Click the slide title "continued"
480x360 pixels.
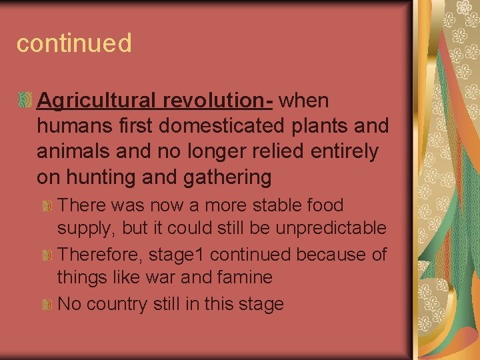[x=74, y=44]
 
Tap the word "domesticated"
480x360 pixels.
[x=225, y=126]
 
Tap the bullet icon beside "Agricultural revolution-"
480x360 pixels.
[x=25, y=101]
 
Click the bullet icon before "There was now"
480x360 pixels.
[x=47, y=205]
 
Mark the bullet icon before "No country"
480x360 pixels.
[x=47, y=305]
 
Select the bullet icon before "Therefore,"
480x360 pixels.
[x=47, y=255]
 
